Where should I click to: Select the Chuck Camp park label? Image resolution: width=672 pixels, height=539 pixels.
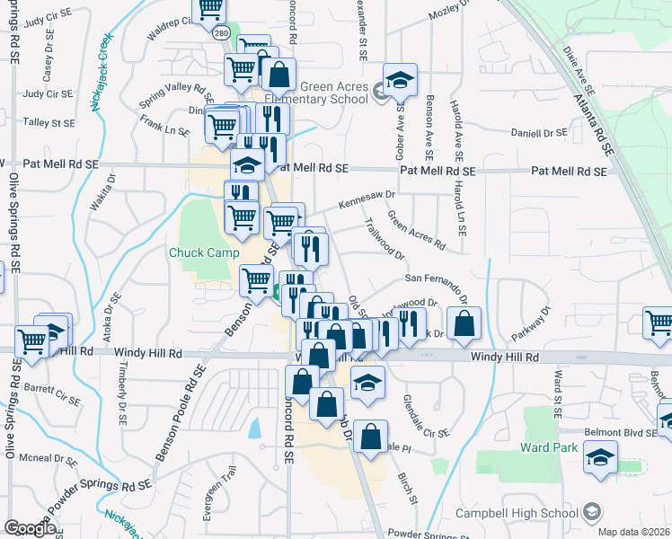pos(204,252)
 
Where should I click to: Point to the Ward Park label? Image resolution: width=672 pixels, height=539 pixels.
pos(543,446)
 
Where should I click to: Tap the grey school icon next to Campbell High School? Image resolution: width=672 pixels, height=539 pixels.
pos(591,513)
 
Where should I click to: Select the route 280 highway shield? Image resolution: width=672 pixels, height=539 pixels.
pos(222,32)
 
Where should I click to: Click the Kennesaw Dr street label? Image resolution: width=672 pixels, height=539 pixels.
pos(367,196)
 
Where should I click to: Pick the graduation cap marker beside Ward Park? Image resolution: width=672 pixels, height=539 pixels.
pos(600,456)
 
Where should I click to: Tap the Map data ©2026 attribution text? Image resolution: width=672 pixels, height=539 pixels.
pos(634,532)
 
